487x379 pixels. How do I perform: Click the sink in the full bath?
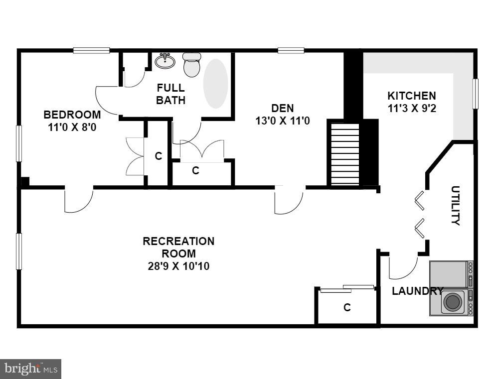pyautogui.click(x=165, y=61)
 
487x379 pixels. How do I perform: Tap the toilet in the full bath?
pyautogui.click(x=191, y=65)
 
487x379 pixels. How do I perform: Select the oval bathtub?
pyautogui.click(x=215, y=84)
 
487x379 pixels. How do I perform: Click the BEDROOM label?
pyautogui.click(x=72, y=115)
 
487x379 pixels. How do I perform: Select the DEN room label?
pyautogui.click(x=283, y=108)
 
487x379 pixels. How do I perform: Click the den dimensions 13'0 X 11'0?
pyautogui.click(x=283, y=120)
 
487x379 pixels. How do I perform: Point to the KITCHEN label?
pyautogui.click(x=412, y=96)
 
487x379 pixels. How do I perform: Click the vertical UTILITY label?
pyautogui.click(x=455, y=205)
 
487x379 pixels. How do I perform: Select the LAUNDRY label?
pyautogui.click(x=417, y=291)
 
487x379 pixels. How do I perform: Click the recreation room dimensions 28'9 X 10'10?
pyautogui.click(x=178, y=266)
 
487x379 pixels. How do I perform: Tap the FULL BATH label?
pyautogui.click(x=170, y=94)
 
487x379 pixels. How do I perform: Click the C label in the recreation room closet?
pyautogui.click(x=347, y=307)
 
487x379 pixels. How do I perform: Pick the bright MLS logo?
pyautogui.click(x=30, y=369)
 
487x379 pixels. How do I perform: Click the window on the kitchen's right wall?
pyautogui.click(x=475, y=93)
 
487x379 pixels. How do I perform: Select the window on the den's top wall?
pyautogui.click(x=291, y=50)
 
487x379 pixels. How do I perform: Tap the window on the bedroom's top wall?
pyautogui.click(x=91, y=50)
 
